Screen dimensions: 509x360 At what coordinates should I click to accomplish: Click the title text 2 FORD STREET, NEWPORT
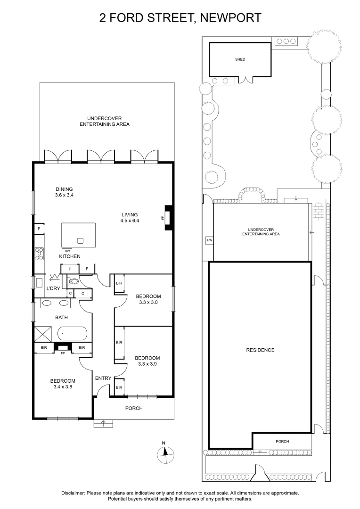(x=180, y=18)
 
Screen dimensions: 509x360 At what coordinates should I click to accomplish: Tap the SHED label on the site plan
(x=240, y=60)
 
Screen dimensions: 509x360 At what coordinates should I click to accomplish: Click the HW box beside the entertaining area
(x=209, y=240)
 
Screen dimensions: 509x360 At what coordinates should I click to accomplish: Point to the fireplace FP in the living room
(x=167, y=218)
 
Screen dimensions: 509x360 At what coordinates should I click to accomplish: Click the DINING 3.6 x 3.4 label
(x=64, y=192)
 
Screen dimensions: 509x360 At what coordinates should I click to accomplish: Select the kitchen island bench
(x=79, y=234)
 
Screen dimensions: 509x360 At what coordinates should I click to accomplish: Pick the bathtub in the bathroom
(x=72, y=334)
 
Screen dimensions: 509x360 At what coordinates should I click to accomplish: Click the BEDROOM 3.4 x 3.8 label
(x=63, y=384)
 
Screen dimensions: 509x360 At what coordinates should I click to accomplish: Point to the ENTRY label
(x=103, y=378)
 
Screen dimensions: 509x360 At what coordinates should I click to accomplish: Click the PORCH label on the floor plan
(x=134, y=408)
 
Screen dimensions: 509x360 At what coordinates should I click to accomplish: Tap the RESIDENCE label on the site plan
(x=260, y=350)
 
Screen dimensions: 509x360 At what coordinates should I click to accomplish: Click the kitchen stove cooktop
(x=40, y=255)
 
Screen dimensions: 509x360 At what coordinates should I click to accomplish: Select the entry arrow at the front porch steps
(x=103, y=423)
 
